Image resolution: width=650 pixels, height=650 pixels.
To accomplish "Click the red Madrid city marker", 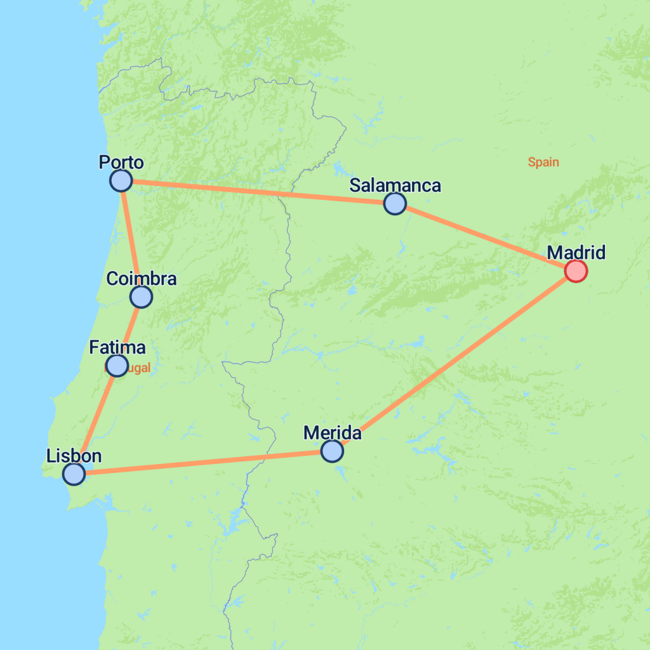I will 576,271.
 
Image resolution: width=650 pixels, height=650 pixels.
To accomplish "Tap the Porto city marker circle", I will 121,181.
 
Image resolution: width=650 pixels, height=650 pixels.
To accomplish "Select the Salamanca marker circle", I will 395,204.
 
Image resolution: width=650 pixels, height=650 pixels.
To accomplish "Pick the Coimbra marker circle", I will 141,296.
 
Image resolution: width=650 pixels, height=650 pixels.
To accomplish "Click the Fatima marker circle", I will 117,366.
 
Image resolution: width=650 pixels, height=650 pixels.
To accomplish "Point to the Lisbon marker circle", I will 74,474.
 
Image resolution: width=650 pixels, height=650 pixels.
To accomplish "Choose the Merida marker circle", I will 332,451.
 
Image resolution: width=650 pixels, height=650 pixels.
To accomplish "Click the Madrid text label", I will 576,253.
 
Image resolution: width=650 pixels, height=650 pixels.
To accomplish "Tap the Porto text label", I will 121,162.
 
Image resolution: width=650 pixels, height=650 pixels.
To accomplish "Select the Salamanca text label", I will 395,185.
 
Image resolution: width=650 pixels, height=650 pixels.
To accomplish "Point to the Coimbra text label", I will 142,278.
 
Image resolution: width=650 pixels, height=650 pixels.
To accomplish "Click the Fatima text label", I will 117,347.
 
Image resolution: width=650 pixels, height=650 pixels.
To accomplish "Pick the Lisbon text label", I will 74,455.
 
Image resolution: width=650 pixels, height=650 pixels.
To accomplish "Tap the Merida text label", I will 333,433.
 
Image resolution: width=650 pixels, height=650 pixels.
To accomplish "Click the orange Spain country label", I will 543,162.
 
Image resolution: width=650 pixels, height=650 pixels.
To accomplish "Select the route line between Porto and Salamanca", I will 258,192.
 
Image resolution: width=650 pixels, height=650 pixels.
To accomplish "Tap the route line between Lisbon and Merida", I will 203,462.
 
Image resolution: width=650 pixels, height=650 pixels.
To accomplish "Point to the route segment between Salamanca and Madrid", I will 486,237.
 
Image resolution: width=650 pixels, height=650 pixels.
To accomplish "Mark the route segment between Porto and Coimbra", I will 131,239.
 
